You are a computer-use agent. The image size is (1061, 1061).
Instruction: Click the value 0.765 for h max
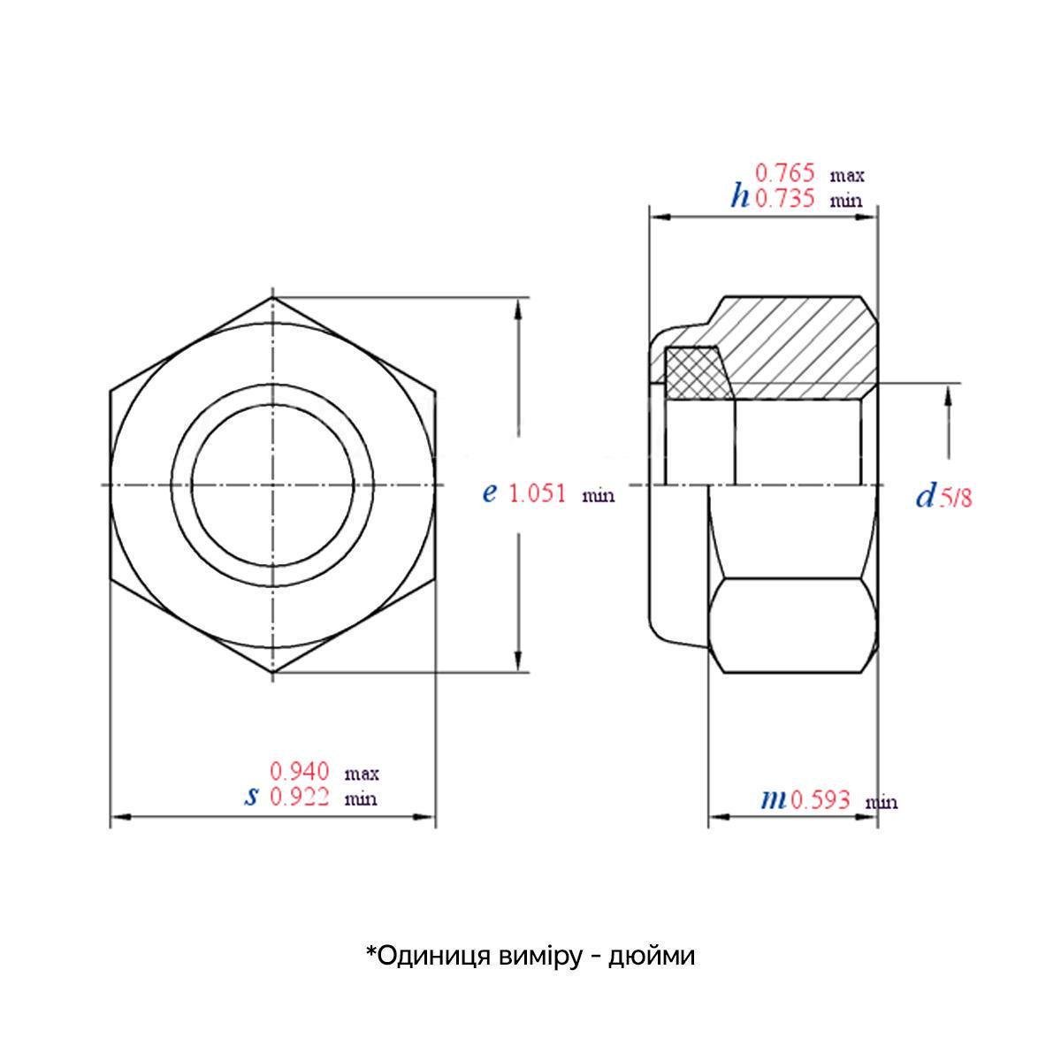(783, 173)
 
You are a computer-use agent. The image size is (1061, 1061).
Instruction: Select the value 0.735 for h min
(783, 198)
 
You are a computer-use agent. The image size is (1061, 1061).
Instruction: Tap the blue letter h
(739, 195)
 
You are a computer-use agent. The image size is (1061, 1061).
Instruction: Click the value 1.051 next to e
(538, 493)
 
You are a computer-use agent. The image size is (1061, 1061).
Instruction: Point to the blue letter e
(489, 493)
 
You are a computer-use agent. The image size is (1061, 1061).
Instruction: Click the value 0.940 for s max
(300, 772)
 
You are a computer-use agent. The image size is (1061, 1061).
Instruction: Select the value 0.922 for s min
(300, 798)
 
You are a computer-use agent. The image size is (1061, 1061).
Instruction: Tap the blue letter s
(252, 797)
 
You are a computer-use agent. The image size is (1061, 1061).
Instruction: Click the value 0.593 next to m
(821, 800)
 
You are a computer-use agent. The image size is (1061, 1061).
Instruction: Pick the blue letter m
(773, 800)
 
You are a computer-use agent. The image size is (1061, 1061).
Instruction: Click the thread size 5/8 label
(955, 499)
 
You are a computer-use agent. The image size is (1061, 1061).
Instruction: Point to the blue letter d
(925, 497)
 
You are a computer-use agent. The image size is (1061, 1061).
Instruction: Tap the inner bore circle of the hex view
(273, 485)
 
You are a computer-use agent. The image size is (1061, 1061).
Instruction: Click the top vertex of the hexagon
(273, 298)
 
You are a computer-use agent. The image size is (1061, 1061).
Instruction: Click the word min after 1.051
(598, 497)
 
